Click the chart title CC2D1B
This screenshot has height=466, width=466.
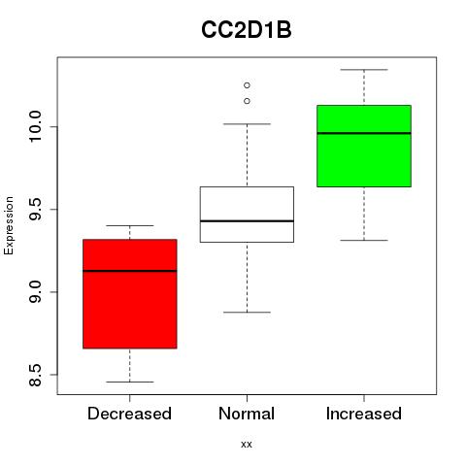click(x=247, y=30)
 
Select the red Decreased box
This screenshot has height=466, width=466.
click(x=130, y=294)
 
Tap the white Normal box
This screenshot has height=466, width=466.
click(x=247, y=215)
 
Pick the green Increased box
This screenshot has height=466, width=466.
click(x=364, y=146)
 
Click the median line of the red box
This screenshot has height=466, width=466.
click(x=130, y=271)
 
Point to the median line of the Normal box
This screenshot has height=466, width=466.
click(x=247, y=221)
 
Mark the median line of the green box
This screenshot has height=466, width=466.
click(x=364, y=133)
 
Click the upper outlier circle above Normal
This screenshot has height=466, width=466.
click(x=247, y=85)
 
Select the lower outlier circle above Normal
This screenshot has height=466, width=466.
click(x=247, y=101)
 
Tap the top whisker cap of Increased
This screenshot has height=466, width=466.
click(x=364, y=70)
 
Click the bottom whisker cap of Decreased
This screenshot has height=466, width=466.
click(x=130, y=382)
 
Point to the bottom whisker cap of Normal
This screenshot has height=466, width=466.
click(x=247, y=313)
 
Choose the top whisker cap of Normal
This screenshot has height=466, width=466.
click(x=247, y=124)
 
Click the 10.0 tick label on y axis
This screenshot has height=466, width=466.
click(x=35, y=126)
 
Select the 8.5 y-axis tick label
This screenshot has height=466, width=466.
click(x=35, y=375)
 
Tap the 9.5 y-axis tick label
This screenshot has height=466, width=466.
click(x=35, y=210)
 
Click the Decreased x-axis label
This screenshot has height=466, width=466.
click(x=129, y=414)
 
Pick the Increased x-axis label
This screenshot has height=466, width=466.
click(x=364, y=414)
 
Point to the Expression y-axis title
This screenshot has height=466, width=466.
click(x=9, y=225)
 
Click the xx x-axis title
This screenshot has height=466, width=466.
click(x=247, y=445)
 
